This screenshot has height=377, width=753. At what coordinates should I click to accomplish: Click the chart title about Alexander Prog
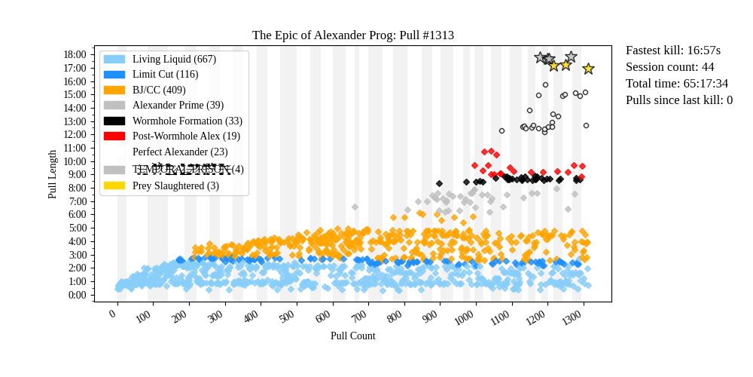[x=352, y=35]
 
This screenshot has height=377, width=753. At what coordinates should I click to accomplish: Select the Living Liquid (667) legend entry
[x=174, y=59]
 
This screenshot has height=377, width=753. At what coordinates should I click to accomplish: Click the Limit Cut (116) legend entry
[x=165, y=75]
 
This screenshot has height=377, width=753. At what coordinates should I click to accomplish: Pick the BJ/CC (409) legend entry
[x=159, y=90]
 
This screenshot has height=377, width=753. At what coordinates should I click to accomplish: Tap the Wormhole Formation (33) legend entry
[x=187, y=121]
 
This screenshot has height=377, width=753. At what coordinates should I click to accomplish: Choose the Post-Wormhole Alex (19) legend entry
[x=186, y=136]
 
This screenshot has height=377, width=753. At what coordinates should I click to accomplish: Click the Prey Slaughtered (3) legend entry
[x=175, y=185]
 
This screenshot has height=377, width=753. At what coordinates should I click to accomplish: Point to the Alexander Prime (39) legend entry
[x=178, y=106]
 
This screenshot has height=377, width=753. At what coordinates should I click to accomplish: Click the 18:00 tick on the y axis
[x=75, y=54]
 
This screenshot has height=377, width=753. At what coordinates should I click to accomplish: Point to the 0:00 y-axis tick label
[x=78, y=295]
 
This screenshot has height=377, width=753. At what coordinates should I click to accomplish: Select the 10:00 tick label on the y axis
[x=75, y=161]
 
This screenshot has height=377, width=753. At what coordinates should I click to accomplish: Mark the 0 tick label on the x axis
[x=113, y=314]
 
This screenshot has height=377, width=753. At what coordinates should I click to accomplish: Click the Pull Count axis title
[x=352, y=336]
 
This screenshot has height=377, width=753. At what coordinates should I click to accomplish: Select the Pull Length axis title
[x=52, y=174]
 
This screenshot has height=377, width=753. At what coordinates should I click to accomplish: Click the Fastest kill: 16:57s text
[x=673, y=51]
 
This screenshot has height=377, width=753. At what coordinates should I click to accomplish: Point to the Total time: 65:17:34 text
[x=677, y=84]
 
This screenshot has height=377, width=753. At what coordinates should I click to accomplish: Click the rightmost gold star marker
[x=588, y=69]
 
